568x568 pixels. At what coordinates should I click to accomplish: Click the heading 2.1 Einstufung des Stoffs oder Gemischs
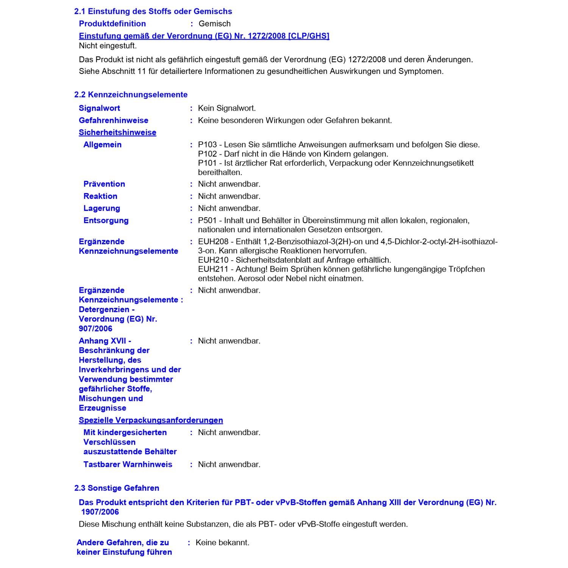point(153,11)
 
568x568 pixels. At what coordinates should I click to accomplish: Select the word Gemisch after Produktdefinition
point(214,23)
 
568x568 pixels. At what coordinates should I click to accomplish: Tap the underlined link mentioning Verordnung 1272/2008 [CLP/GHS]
point(204,36)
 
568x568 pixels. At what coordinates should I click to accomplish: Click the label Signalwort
point(99,108)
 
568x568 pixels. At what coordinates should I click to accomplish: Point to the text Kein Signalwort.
point(227,108)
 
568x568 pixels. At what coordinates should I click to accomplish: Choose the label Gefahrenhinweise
point(113,120)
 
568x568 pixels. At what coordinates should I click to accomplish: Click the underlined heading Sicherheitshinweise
point(117,133)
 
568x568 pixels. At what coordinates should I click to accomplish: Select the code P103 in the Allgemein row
point(207,145)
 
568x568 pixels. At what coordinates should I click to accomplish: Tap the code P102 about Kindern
point(207,154)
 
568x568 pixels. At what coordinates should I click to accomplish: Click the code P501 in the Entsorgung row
point(207,220)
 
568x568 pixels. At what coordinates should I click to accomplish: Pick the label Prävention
point(104,184)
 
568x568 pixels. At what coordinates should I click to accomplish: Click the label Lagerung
point(101,208)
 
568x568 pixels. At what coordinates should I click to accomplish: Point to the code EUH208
point(213,242)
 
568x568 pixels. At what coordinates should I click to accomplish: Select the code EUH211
point(213,269)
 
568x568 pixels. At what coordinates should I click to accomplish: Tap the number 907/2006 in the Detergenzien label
point(95,329)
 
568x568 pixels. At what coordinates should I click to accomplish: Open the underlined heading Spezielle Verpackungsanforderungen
point(151,420)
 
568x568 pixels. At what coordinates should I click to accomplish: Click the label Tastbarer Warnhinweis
point(128,465)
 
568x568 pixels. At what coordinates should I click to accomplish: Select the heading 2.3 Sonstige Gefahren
point(117,488)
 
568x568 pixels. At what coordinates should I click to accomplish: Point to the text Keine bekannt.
point(222,543)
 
